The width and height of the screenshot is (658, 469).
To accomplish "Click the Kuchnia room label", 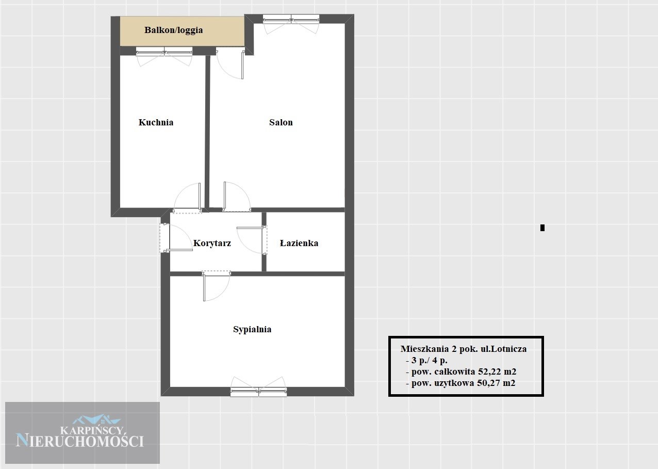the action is coord(156,122).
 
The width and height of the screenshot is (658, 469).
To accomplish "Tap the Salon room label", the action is coord(281,122).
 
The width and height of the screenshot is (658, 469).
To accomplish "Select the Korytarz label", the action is coord(212,244).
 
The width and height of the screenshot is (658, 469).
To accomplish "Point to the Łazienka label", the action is coord(299,243).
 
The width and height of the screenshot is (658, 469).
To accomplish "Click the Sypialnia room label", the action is coord(252,329).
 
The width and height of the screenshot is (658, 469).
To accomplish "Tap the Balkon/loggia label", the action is coord(174,30).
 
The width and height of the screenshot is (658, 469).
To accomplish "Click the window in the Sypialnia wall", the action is coord(258,387).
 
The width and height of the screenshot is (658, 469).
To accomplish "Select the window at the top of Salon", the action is coord(291,24).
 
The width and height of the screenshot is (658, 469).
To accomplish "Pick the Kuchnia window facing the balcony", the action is coord(164,56).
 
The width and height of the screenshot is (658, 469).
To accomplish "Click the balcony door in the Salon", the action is coord(230,64).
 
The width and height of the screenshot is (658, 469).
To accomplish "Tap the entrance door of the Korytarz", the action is coord(176,238).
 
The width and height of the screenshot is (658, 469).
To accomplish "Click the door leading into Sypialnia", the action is coord(217,286).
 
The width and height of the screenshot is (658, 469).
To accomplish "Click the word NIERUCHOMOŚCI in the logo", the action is coord(80,441).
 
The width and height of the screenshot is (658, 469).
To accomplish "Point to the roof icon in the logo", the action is coord(96,419).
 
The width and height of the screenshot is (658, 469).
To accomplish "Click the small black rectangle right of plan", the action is coord(542,228).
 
